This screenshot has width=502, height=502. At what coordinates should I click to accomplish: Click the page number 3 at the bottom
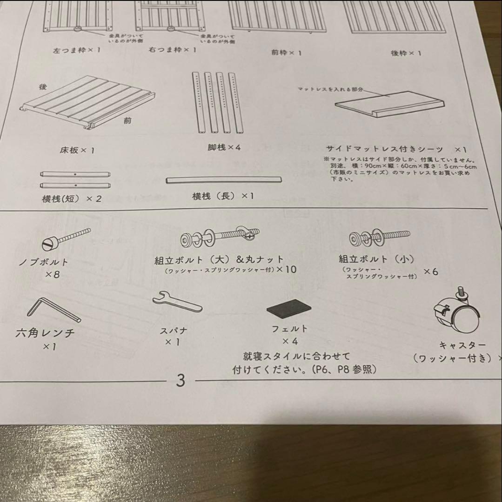[181, 381]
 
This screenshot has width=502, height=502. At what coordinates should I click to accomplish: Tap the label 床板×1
[77, 151]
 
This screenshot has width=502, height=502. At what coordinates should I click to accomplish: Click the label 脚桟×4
[224, 148]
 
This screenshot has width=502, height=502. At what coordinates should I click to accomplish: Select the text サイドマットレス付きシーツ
[385, 149]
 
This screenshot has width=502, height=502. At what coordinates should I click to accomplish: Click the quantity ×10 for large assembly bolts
[286, 269]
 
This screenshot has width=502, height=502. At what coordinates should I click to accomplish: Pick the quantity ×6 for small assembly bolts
[430, 271]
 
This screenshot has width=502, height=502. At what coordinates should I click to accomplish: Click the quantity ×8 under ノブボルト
[52, 274]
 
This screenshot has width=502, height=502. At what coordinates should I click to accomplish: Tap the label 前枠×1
[286, 53]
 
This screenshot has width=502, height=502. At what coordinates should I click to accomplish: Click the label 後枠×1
[406, 53]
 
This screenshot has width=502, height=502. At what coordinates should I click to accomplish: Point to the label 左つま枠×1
[77, 49]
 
